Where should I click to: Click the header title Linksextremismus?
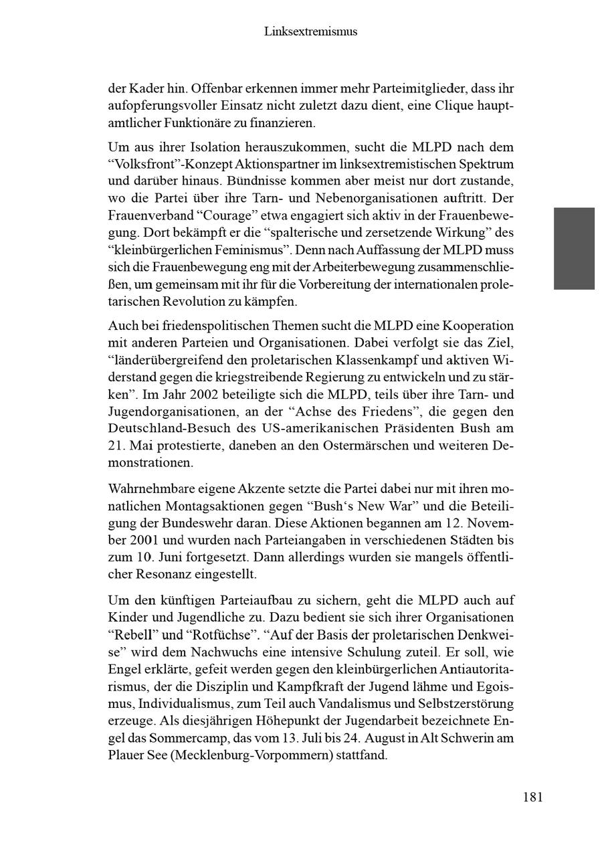click(x=310, y=31)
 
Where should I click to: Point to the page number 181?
click(x=532, y=797)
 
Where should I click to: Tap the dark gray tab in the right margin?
click(x=574, y=248)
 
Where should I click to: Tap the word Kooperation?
click(x=478, y=326)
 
